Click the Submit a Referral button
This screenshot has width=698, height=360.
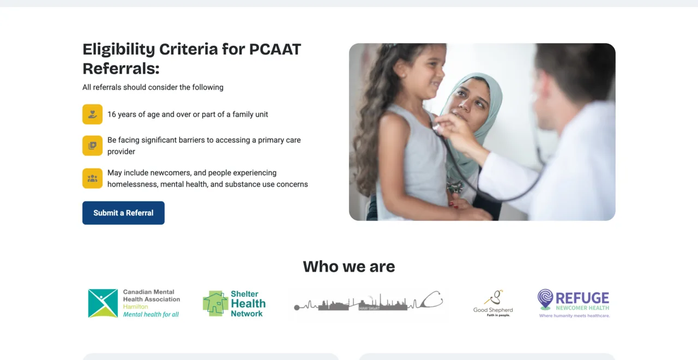pyautogui.click(x=123, y=213)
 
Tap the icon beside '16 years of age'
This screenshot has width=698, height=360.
pyautogui.click(x=92, y=115)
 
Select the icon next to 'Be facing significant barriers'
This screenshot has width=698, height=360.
pyautogui.click(x=92, y=146)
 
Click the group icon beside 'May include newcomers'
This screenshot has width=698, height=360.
pyautogui.click(x=92, y=178)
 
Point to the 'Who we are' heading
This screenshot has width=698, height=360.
pyautogui.click(x=349, y=267)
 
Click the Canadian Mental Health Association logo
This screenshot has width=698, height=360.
pyautogui.click(x=134, y=303)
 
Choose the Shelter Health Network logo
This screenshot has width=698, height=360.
pyautogui.click(x=234, y=303)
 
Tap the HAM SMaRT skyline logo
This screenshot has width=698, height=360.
pyautogui.click(x=368, y=302)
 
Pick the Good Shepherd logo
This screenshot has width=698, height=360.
pyautogui.click(x=493, y=303)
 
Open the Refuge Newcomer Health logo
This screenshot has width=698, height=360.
pyautogui.click(x=573, y=303)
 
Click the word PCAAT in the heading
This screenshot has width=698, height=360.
pyautogui.click(x=275, y=50)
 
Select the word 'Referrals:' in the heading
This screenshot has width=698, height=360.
pyautogui.click(x=121, y=69)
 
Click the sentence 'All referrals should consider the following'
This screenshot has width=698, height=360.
pyautogui.click(x=153, y=87)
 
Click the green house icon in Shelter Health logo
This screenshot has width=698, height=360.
pyautogui.click(x=215, y=303)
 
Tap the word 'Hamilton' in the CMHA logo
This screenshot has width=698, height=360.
pyautogui.click(x=135, y=307)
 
